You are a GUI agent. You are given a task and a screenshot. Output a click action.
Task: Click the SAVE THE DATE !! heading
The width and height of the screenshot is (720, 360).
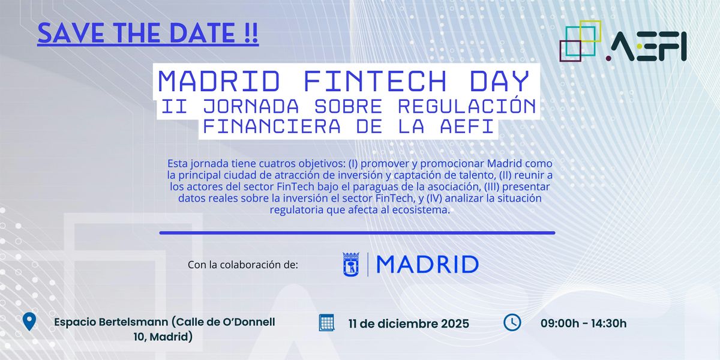(x=148, y=32)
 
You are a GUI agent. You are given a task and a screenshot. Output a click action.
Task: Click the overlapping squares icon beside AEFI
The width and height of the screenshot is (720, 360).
(x=580, y=41)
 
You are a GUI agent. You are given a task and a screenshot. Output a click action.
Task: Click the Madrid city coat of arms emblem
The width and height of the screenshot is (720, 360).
(x=351, y=264)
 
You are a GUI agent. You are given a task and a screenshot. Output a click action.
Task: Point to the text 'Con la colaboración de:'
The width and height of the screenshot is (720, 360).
(x=242, y=265)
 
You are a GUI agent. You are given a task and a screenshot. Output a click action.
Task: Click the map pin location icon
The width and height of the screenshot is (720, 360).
(x=29, y=322)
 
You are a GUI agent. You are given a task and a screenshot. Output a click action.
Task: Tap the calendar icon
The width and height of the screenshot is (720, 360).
(x=326, y=322)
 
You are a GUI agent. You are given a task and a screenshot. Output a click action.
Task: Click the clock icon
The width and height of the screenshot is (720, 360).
(x=512, y=322)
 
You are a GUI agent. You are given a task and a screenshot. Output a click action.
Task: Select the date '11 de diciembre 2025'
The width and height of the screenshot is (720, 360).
(x=409, y=324)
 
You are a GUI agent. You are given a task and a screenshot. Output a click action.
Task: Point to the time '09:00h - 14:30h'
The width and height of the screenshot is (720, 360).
(x=583, y=324)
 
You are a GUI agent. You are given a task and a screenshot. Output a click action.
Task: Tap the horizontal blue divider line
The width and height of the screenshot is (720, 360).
(x=357, y=233)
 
